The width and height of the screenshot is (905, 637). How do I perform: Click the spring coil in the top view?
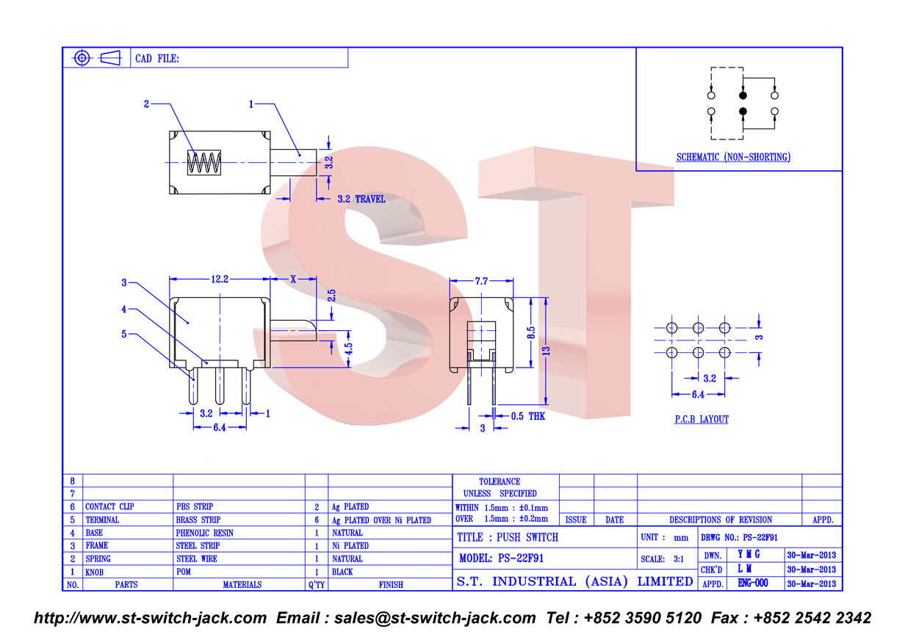click(204, 163)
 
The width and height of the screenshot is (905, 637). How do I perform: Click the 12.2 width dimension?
click(220, 280)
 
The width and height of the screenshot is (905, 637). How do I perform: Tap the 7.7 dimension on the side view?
click(481, 281)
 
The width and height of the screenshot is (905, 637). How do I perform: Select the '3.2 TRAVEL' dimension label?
click(361, 199)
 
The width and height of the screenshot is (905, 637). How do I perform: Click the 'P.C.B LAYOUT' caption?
click(702, 419)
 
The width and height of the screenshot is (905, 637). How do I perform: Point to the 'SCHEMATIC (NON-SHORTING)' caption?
click(733, 157)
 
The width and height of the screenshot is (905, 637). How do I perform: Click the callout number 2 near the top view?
click(146, 103)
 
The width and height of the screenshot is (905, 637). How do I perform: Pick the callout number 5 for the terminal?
click(124, 334)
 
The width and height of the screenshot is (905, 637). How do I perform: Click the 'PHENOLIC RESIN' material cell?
click(204, 533)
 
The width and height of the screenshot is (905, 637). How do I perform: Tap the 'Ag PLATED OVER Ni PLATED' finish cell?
click(381, 520)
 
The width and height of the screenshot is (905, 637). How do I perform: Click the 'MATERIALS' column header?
click(242, 584)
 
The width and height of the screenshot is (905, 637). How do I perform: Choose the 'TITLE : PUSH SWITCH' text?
click(508, 537)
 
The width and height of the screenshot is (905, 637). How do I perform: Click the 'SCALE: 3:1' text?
click(662, 559)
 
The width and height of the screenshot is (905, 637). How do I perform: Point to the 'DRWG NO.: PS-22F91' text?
click(739, 537)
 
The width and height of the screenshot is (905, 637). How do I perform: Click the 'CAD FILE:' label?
click(157, 59)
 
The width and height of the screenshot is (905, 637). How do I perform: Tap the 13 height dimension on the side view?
click(547, 351)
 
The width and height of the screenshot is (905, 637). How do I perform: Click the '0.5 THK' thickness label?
click(528, 416)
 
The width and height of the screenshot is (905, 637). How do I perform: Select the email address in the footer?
click(435, 618)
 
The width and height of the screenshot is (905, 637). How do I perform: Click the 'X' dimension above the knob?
click(293, 279)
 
